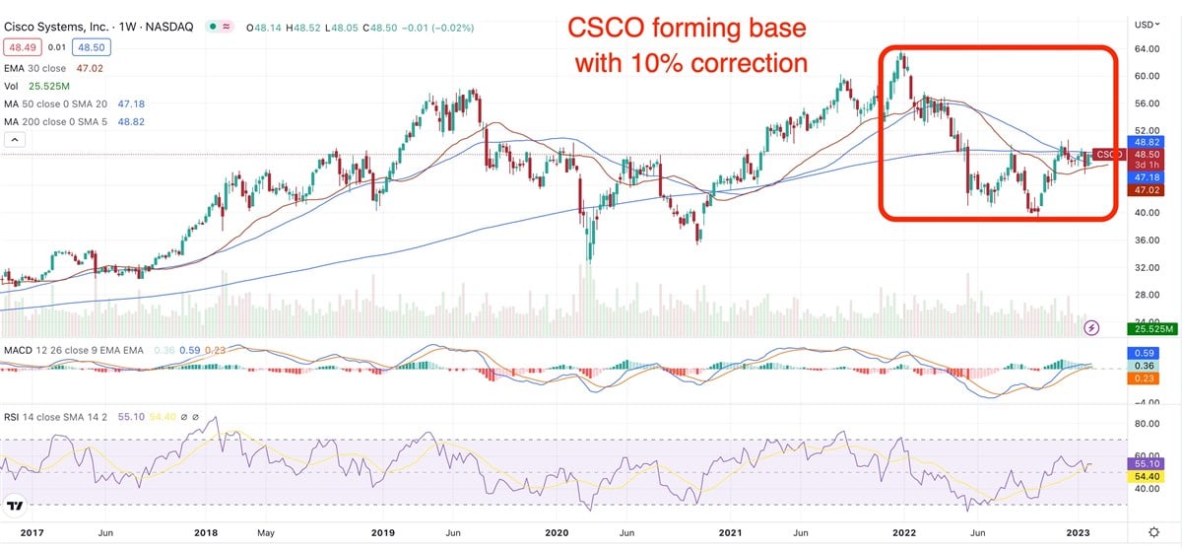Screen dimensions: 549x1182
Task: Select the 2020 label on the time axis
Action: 557,533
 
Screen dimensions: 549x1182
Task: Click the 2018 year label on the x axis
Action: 207,533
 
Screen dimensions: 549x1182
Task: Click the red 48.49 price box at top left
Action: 22,46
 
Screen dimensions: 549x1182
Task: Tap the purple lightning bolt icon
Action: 1091,327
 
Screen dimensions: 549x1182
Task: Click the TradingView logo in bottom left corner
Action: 15,507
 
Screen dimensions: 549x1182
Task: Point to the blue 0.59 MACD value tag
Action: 1143,351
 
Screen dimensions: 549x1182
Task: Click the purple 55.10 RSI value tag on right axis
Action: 1143,462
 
